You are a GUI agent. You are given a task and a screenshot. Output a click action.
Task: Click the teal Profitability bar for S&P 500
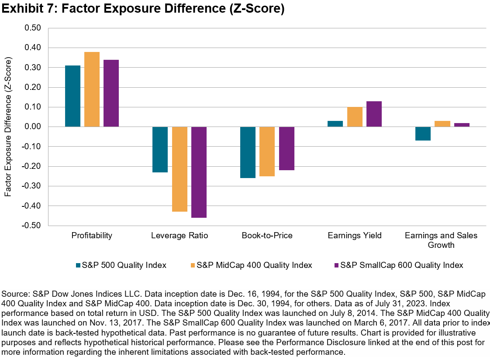point(72,96)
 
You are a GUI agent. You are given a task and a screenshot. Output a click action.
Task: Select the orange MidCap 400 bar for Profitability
point(92,89)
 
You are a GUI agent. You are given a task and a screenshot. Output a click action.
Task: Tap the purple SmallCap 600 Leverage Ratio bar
point(199,172)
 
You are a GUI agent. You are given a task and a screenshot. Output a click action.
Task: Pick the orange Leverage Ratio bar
point(179,169)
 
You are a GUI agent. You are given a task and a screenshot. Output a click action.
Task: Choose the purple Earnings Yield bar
point(374,114)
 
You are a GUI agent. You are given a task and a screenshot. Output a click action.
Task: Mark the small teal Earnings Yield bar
point(335,124)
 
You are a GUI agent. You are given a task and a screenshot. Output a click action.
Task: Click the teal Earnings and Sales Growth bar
point(423,134)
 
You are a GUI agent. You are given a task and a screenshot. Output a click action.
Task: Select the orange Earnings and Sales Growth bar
point(442,124)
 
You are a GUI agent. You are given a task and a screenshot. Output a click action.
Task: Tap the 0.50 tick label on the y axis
point(32,28)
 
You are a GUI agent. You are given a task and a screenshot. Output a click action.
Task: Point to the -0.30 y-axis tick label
point(31,186)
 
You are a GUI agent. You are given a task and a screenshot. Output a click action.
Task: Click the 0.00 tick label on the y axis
point(32,127)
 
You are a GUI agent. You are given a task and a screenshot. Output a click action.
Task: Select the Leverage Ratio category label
point(179,236)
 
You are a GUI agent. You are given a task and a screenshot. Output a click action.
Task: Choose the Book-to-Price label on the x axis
point(267,236)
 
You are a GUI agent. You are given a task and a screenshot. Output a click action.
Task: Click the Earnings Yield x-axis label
point(355,236)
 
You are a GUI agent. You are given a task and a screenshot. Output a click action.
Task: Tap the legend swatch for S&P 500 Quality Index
point(78,265)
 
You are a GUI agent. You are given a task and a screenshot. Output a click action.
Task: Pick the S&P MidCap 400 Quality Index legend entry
point(254,265)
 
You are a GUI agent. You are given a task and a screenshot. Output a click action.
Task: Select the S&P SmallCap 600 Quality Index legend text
point(401,265)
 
